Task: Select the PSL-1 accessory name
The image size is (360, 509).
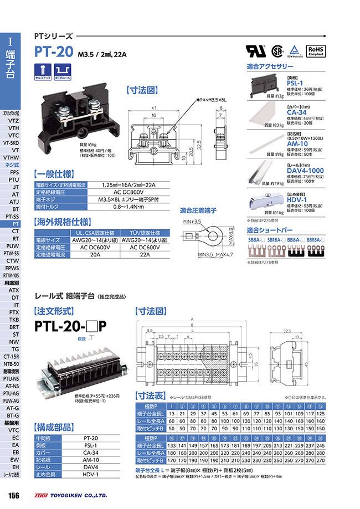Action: click(x=294, y=83)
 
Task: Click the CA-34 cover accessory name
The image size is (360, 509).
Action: click(x=296, y=113)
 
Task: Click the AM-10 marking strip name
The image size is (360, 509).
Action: click(x=296, y=143)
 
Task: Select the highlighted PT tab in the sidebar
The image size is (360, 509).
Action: click(x=15, y=223)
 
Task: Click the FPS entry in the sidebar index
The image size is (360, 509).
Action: click(x=14, y=172)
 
